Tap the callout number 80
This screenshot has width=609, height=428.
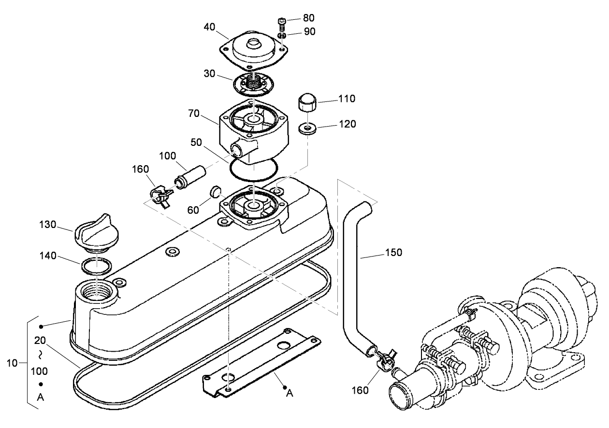(309, 18)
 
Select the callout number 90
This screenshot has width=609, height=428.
(309, 31)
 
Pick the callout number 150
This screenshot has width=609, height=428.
(394, 252)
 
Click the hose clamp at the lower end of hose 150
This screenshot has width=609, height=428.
(384, 359)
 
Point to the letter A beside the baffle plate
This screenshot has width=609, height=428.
(289, 393)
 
